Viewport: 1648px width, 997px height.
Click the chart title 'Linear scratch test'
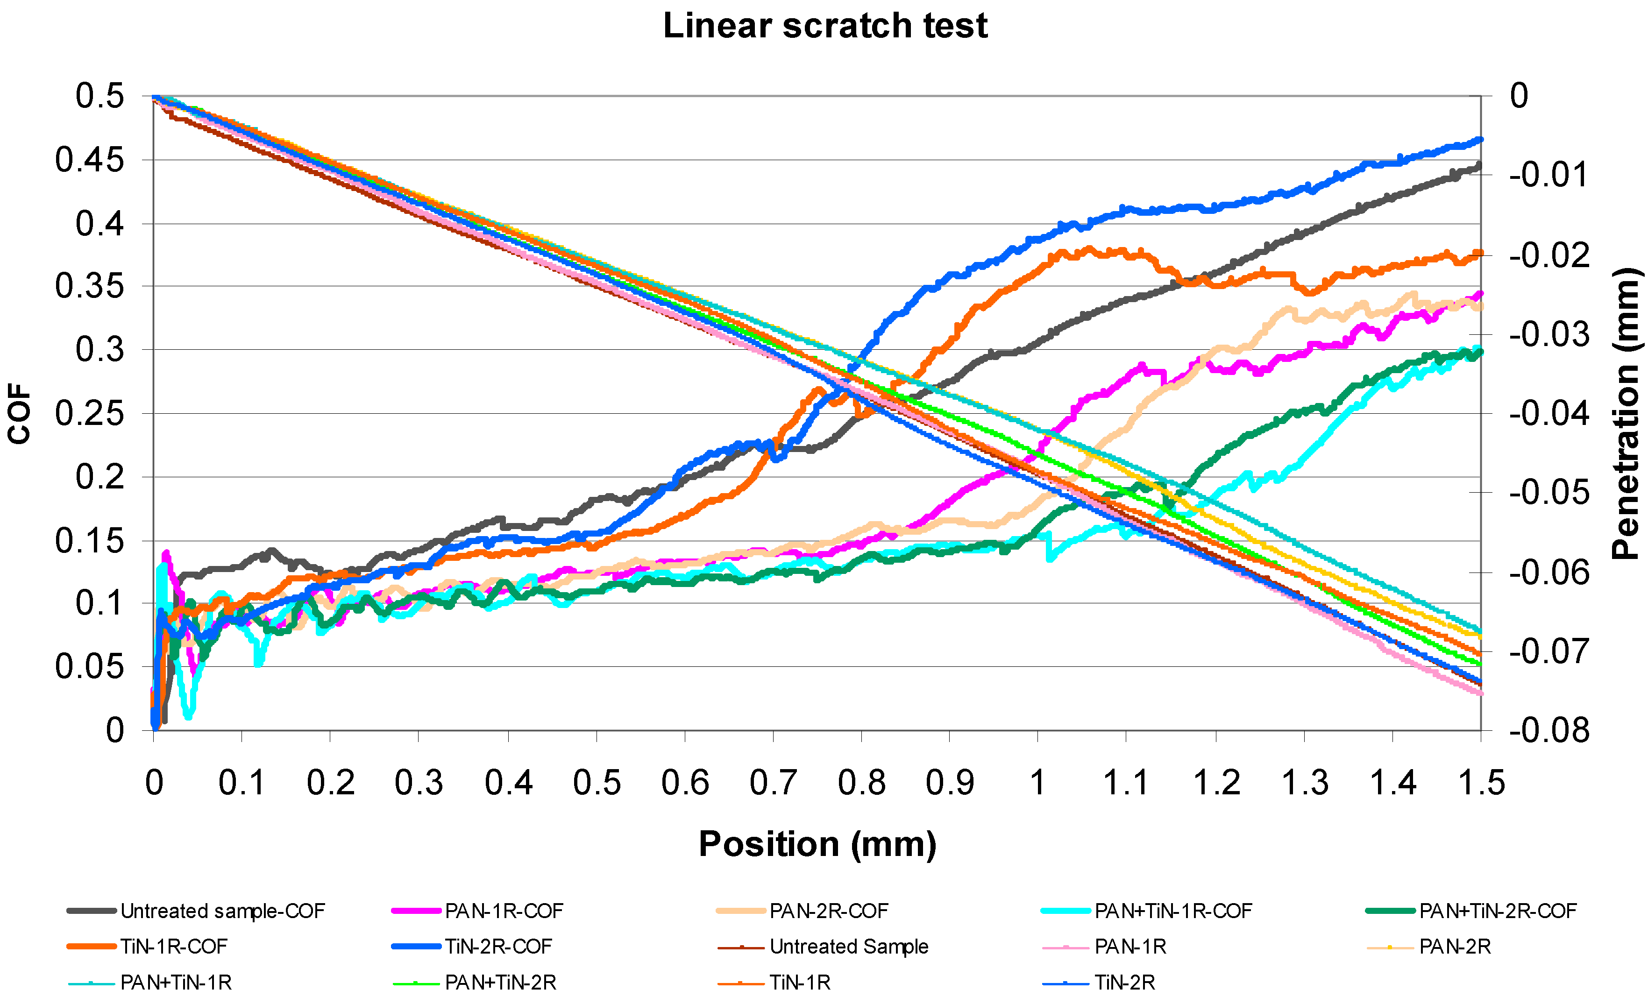824,27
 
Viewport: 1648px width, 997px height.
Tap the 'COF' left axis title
20,413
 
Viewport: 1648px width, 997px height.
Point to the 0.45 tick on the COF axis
90,160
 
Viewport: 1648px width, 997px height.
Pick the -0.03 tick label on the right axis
1549,334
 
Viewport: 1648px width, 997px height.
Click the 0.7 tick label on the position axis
773,782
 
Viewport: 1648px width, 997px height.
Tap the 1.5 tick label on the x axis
1481,782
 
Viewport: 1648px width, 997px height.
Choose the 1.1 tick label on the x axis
1126,782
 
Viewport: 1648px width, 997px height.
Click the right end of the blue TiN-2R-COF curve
1479,140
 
